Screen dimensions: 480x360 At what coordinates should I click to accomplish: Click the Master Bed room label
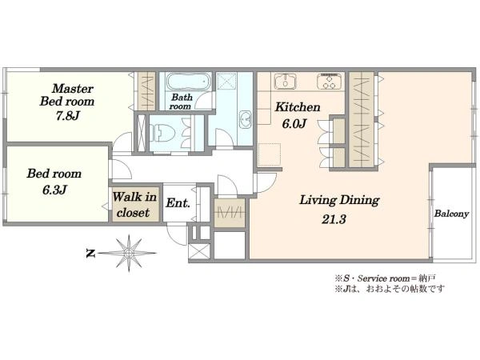coord(67,95)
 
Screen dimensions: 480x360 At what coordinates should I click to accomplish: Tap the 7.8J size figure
coord(68,116)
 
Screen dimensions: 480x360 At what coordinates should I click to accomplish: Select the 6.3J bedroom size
coord(54,190)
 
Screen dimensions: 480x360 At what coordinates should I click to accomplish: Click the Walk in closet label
coord(134,205)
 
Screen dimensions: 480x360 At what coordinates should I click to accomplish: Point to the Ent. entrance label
coord(178,203)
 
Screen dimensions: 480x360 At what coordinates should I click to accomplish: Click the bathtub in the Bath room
coord(189,82)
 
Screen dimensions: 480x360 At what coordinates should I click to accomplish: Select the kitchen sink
coord(286,81)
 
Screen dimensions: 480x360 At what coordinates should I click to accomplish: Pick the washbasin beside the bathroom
coord(246,119)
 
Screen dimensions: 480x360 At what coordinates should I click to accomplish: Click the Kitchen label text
coord(298,107)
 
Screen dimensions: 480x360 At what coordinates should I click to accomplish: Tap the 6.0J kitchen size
coord(294,124)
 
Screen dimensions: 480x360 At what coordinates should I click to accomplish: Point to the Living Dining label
coord(339,201)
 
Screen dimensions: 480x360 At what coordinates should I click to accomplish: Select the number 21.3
coord(334,219)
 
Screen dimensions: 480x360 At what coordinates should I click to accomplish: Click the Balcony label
coord(451,214)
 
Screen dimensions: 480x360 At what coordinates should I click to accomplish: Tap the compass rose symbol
coord(129,253)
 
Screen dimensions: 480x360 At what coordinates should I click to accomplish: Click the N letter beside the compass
coord(90,254)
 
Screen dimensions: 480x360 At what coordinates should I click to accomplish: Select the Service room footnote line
coord(385,278)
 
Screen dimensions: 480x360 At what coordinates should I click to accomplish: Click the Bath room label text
coord(181,102)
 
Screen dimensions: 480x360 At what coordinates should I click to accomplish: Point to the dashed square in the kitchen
coord(270,154)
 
